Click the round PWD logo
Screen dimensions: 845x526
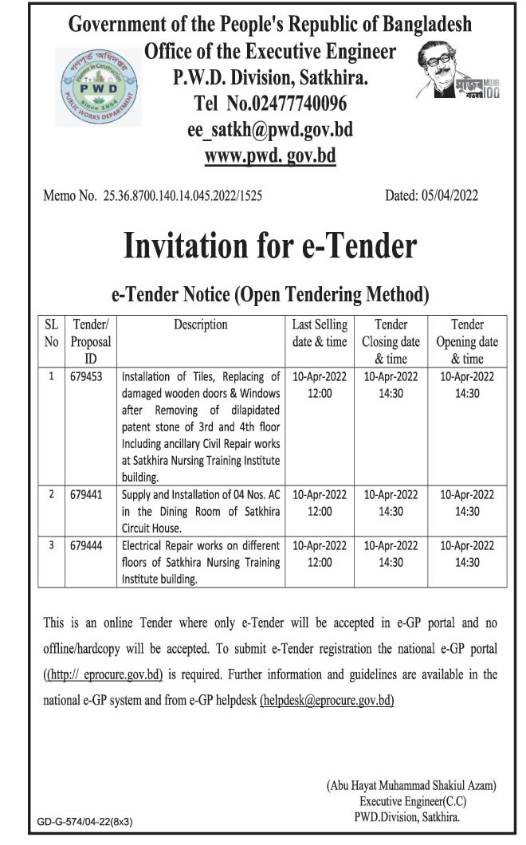pyautogui.click(x=99, y=86)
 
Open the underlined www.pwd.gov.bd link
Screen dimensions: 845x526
pyautogui.click(x=270, y=155)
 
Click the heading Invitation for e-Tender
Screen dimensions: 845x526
pyautogui.click(x=270, y=246)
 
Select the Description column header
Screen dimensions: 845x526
pyautogui.click(x=200, y=324)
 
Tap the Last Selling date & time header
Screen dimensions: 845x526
pyautogui.click(x=320, y=332)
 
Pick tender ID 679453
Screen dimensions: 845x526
pyautogui.click(x=88, y=376)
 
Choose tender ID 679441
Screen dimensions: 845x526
pyautogui.click(x=88, y=494)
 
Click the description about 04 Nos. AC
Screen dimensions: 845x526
pyautogui.click(x=199, y=511)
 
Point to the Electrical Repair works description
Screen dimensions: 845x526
pyautogui.click(x=199, y=562)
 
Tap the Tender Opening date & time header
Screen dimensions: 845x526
pyautogui.click(x=467, y=341)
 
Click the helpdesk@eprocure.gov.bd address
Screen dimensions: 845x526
pyautogui.click(x=327, y=701)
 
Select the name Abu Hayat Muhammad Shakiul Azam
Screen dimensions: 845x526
pyautogui.click(x=411, y=785)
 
